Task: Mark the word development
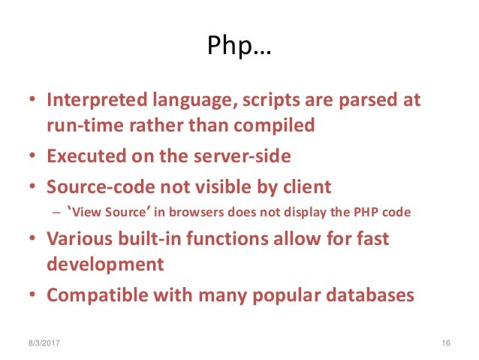coord(105,265)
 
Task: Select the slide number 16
coord(445,343)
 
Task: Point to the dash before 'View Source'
coord(54,212)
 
